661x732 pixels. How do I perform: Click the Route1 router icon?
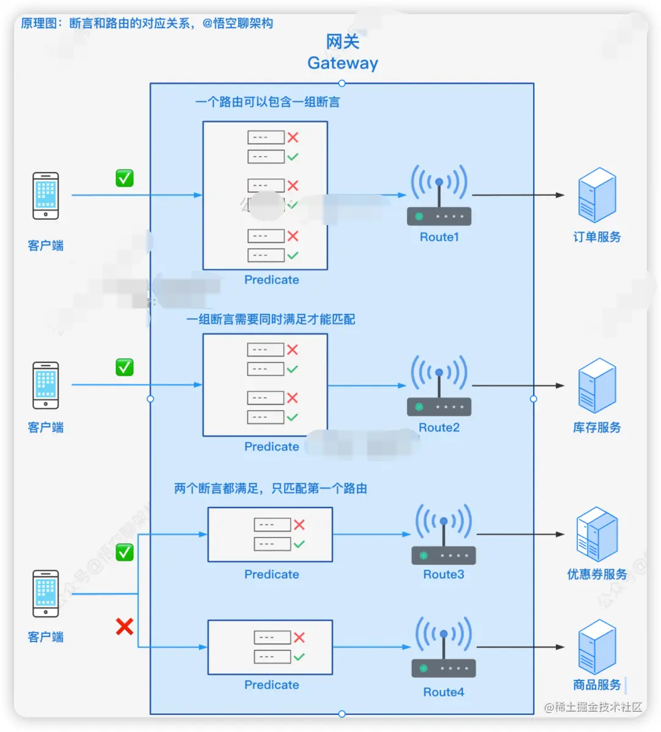[439, 196]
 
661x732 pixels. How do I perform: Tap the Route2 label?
[439, 427]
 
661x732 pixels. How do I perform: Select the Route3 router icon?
[443, 534]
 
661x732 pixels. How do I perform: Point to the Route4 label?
[443, 692]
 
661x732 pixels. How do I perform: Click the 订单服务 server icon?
[597, 195]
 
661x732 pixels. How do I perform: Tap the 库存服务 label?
[597, 427]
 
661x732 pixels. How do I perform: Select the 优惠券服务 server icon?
[597, 534]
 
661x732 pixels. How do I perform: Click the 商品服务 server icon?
[597, 646]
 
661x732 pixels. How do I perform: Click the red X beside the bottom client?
[125, 626]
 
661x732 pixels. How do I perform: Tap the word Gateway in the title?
[343, 63]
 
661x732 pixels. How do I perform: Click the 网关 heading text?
[343, 42]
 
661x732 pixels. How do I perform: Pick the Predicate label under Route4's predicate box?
[272, 685]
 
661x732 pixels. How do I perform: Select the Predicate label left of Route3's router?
[272, 574]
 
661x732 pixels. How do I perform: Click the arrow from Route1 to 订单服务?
[518, 195]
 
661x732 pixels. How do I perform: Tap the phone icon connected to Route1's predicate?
[46, 196]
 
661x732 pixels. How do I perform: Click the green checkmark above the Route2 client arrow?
[125, 367]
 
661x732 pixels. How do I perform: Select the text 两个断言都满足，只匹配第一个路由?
[271, 488]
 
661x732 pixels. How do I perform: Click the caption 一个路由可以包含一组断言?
[267, 102]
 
